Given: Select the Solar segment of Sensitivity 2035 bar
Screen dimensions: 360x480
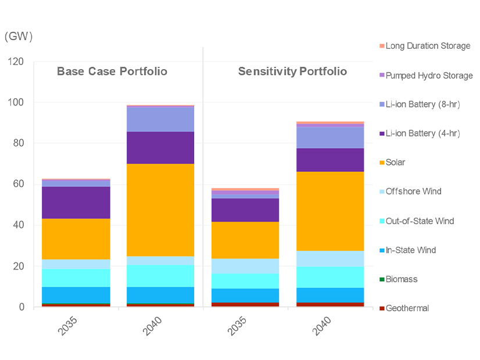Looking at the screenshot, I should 245,240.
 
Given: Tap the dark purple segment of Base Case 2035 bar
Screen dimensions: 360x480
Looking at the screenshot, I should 76,202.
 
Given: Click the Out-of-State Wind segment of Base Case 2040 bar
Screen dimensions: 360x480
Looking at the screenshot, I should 160,276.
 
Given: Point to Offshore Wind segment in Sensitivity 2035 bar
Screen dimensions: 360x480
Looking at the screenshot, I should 245,266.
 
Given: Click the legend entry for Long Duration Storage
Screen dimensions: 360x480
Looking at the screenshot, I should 428,46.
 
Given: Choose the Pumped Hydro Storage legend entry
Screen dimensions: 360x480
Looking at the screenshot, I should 429,75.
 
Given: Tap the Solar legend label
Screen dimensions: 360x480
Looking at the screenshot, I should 395,163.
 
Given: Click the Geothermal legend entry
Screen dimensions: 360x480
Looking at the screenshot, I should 407,308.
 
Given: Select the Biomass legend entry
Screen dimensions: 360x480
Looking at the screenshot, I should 401,279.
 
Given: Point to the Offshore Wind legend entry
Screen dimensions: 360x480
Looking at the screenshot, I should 413,192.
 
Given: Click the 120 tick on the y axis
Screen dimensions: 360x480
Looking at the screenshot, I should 16,62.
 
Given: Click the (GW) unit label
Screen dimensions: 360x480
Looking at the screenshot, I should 19,36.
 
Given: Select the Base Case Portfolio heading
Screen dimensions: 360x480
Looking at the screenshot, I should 112,71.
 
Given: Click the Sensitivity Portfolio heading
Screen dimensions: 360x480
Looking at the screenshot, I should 292,71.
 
